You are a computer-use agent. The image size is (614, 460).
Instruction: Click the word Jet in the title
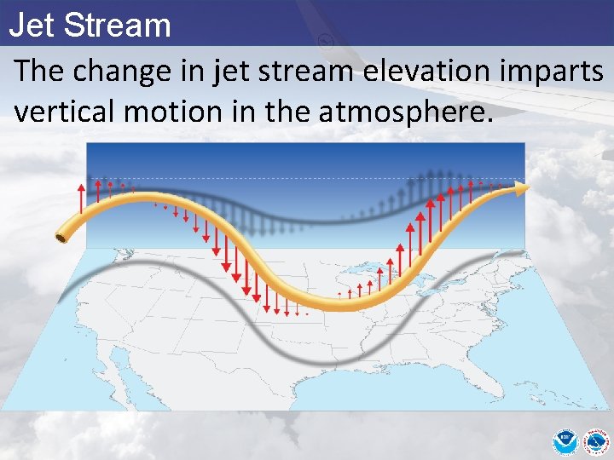point(32,25)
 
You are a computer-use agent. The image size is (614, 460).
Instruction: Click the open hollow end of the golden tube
point(61,237)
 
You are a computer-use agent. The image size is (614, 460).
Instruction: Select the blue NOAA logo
point(564,441)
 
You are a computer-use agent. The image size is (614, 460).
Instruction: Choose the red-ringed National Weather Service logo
point(593,441)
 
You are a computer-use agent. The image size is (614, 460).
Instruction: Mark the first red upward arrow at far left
point(81,198)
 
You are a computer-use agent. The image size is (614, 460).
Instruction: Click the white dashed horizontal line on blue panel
point(307,179)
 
